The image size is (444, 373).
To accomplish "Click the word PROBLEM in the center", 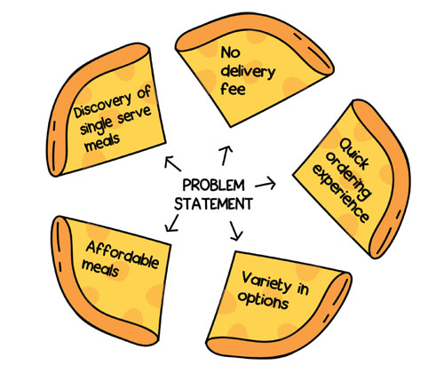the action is tap(213, 186).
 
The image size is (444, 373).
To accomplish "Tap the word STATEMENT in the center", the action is tap(213, 203).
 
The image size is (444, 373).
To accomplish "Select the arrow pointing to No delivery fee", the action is tap(226, 155).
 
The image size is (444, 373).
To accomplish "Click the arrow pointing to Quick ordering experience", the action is tap(266, 184).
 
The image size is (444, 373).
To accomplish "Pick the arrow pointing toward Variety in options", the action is tap(236, 231).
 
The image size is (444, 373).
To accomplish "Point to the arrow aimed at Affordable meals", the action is tap(172, 223).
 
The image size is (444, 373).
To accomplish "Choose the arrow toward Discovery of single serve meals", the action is tap(172, 164).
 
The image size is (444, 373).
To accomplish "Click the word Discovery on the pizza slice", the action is tap(103, 106).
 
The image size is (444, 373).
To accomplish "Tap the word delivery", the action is tap(248, 72).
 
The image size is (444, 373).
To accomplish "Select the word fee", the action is tap(233, 88).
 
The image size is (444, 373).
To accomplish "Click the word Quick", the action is tap(354, 154).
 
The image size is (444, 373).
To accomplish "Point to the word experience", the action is tap(341, 194).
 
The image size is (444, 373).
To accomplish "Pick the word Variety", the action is tap(266, 282).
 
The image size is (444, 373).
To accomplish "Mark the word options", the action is tap(263, 300).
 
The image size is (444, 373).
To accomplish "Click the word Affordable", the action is tap(123, 255).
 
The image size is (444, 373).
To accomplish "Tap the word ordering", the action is tap(348, 176).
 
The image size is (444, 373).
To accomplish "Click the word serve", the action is tap(135, 115).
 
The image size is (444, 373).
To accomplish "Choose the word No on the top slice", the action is tap(230, 52).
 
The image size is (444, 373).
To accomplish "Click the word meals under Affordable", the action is tap(100, 269).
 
